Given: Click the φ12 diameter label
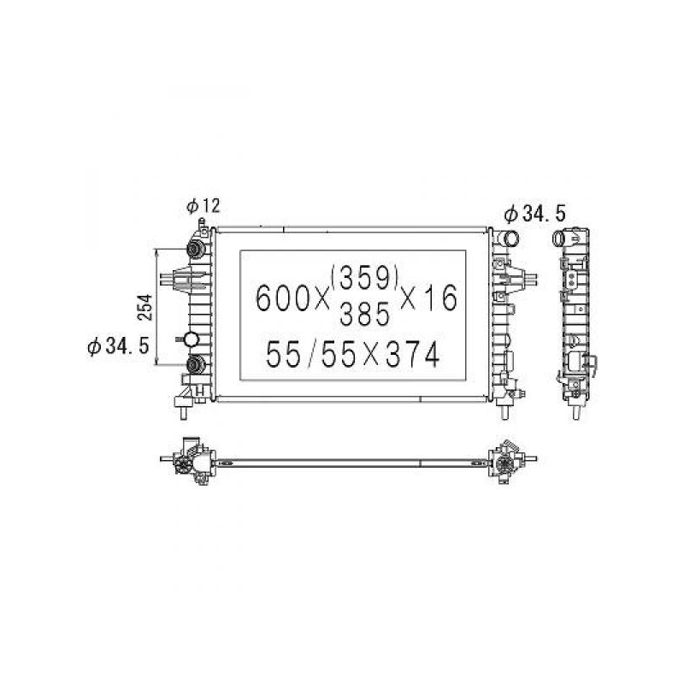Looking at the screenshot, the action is click(x=203, y=206).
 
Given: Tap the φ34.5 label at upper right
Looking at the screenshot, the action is click(x=535, y=214).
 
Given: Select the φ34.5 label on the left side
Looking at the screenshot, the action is click(x=118, y=346).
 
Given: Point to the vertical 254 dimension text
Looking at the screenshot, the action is click(x=145, y=307).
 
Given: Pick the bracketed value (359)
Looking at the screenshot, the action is click(x=365, y=278).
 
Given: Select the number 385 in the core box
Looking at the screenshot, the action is click(x=364, y=314).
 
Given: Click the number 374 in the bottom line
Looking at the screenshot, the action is click(x=412, y=354).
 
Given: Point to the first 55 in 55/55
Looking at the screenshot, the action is click(x=284, y=354).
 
